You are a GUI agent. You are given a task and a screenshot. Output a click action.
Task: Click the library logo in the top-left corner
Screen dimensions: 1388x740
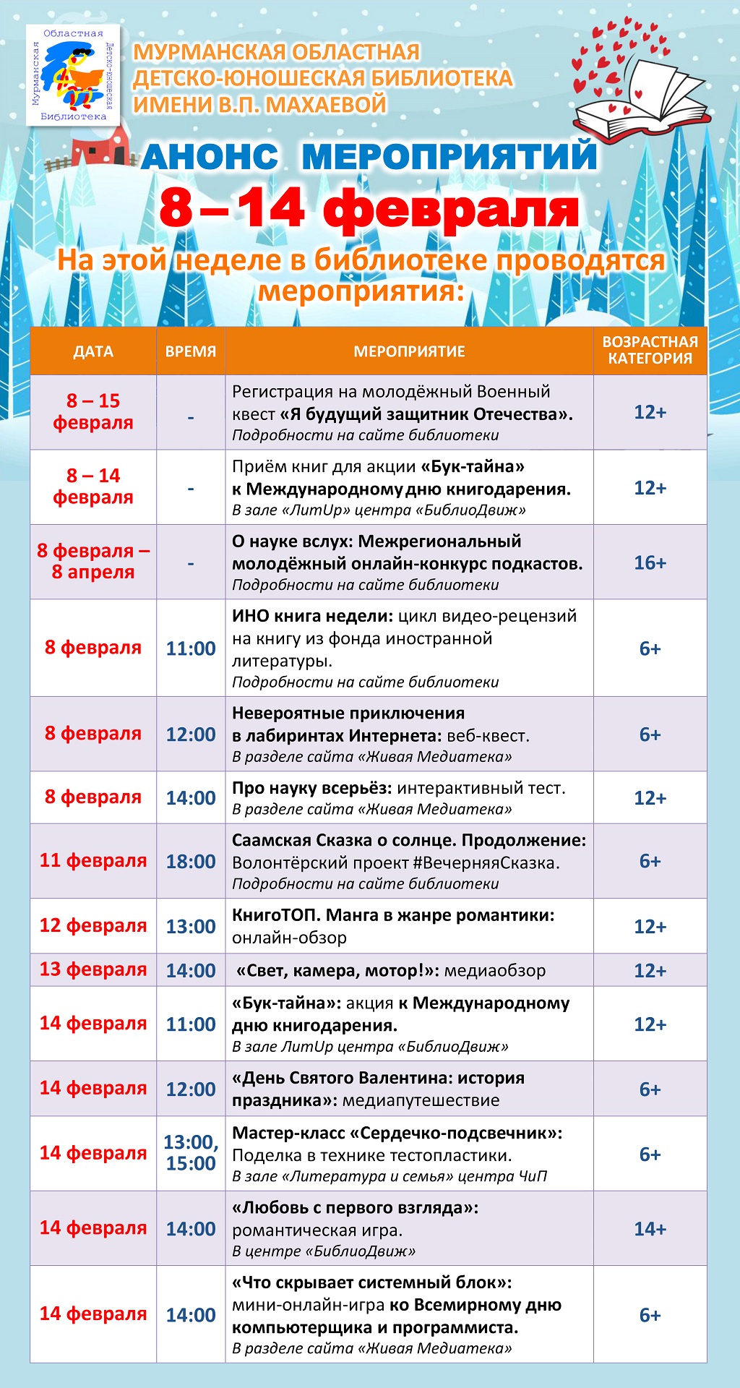(73, 74)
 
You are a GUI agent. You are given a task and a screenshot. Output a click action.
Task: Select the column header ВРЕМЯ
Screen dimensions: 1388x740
(191, 351)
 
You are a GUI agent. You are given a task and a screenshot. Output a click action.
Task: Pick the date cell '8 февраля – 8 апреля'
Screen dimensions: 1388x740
(93, 562)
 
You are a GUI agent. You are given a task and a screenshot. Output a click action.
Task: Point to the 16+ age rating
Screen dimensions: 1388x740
(650, 562)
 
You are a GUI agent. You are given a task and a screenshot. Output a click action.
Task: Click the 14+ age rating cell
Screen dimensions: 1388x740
(650, 1229)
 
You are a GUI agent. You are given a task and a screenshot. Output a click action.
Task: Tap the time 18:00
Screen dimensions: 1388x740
(191, 862)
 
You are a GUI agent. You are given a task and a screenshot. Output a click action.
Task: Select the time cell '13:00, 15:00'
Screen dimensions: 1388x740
(191, 1153)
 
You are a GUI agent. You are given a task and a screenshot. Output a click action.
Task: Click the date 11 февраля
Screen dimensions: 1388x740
(93, 861)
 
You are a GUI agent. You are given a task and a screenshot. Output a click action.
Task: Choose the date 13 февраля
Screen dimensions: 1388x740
(93, 969)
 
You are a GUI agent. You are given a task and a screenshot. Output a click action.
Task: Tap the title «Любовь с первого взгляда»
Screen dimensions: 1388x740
(355, 1208)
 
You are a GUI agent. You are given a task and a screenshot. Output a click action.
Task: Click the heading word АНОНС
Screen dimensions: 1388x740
(210, 157)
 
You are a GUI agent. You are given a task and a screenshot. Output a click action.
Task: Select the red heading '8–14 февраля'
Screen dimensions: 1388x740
(369, 209)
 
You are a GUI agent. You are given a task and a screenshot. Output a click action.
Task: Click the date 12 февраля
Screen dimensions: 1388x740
(93, 926)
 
